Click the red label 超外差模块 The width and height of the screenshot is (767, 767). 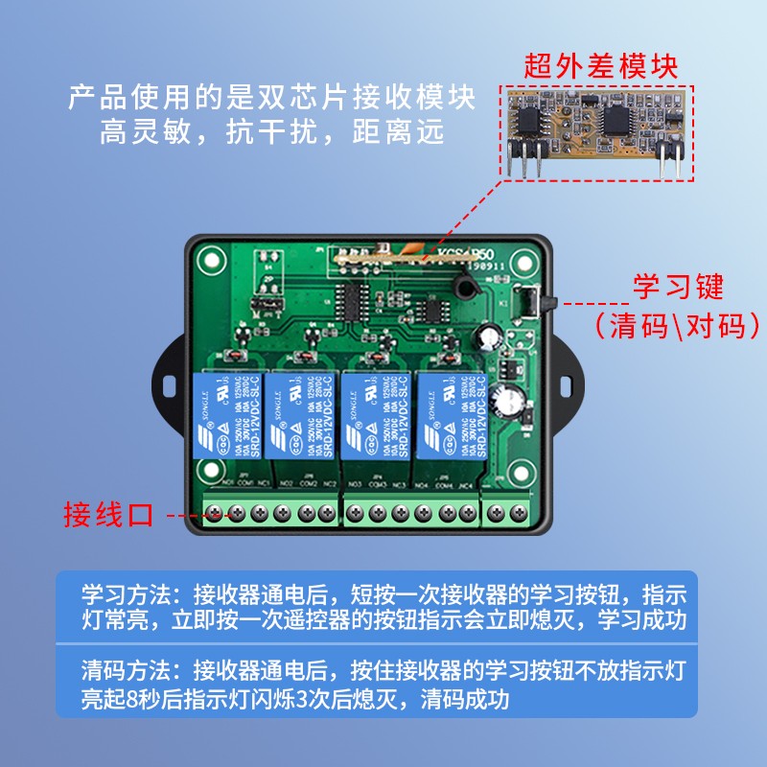pyautogui.click(x=601, y=66)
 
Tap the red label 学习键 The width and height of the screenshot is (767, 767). pyautogui.click(x=678, y=286)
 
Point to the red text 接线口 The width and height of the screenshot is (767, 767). pyautogui.click(x=108, y=514)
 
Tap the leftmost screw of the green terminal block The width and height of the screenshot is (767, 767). pyautogui.click(x=214, y=514)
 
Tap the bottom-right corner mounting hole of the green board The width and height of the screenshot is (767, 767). pyautogui.click(x=523, y=471)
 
